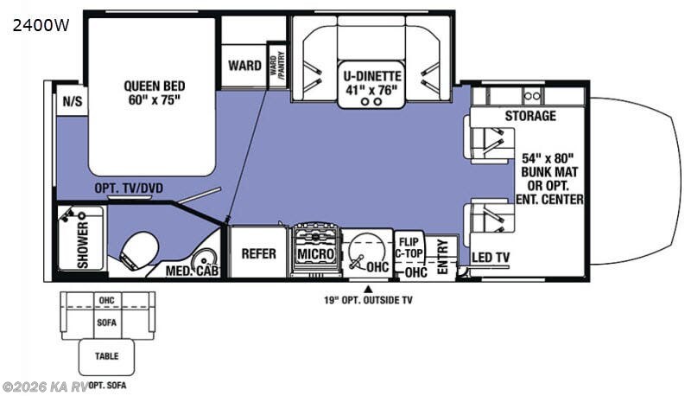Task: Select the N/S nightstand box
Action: click(71, 101)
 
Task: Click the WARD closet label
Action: click(244, 66)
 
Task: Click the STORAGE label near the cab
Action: click(530, 116)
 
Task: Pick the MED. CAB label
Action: click(193, 271)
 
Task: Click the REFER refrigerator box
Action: click(258, 254)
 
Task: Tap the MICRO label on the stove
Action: click(315, 254)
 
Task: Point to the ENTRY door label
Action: click(444, 259)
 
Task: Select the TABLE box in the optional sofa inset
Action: click(107, 355)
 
